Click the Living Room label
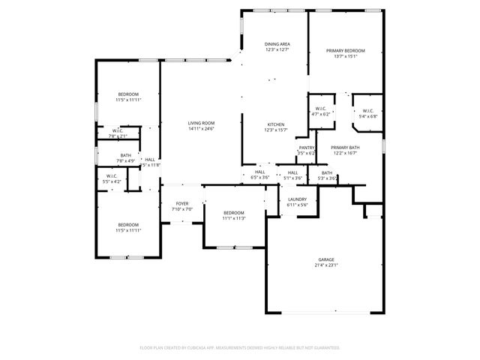tap(201, 123)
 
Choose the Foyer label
tap(182, 204)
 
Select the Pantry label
tap(306, 148)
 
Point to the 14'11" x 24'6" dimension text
tap(201, 129)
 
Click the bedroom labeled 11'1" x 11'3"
tap(234, 213)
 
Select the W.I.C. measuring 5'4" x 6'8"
tap(367, 112)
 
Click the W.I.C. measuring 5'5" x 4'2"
tap(111, 178)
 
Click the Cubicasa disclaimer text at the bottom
tap(240, 347)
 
